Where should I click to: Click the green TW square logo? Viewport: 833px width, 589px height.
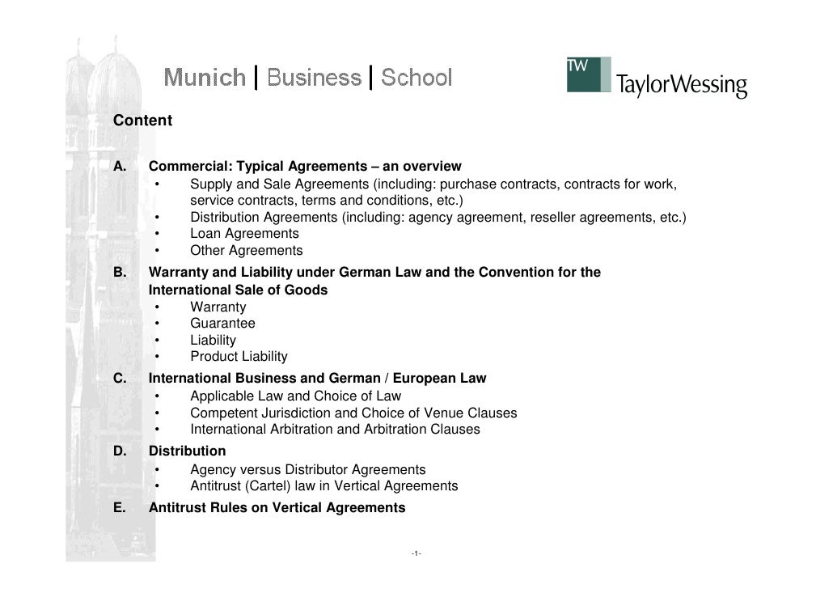click(588, 74)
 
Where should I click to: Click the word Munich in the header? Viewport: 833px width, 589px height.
click(205, 78)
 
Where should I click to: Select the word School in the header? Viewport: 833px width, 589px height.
click(416, 78)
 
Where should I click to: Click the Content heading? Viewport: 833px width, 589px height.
click(142, 121)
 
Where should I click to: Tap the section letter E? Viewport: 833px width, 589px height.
click(120, 508)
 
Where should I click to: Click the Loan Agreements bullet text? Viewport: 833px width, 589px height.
click(244, 234)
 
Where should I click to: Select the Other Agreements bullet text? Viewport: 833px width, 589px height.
click(247, 251)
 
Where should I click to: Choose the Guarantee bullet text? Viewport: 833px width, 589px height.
click(222, 324)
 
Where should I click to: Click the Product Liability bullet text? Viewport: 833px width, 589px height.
click(239, 357)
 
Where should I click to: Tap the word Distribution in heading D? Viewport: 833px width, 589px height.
click(188, 451)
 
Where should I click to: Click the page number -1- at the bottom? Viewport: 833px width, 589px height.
click(415, 554)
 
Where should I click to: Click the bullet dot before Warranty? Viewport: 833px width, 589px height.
click(158, 307)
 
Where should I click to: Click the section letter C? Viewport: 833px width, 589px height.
click(120, 378)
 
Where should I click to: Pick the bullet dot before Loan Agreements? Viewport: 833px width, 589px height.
click(158, 234)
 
